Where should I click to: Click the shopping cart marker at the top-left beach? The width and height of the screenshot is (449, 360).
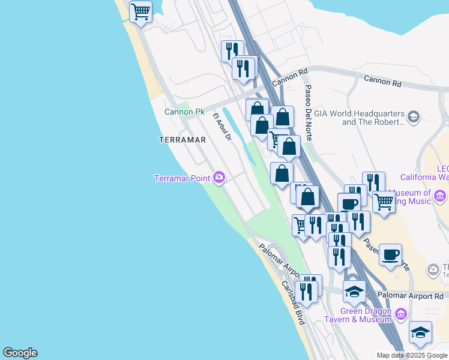(x=140, y=11)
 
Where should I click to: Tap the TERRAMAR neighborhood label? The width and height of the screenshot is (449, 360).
(x=182, y=140)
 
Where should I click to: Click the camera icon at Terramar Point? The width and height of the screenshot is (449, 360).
(x=219, y=178)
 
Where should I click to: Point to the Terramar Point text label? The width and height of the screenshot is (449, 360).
(x=182, y=178)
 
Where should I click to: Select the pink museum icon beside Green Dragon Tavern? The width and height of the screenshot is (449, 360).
(x=402, y=313)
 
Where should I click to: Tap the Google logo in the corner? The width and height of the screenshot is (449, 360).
(x=20, y=353)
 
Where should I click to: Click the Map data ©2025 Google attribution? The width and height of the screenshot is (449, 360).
(x=411, y=355)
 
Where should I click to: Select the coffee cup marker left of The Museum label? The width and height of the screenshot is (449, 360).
(x=391, y=254)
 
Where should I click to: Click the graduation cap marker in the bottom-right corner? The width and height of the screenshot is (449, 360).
(x=421, y=332)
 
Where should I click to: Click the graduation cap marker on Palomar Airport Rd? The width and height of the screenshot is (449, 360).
(x=354, y=291)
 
